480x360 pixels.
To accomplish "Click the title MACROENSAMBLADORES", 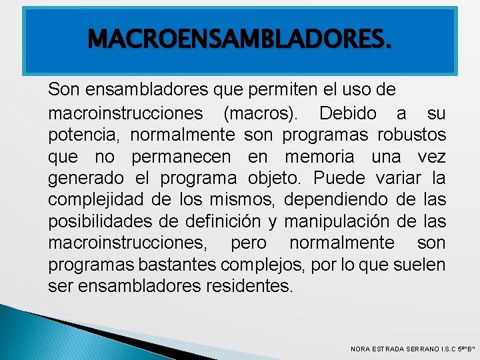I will pos(239,40).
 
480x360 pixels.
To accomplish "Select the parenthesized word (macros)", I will pos(261,113).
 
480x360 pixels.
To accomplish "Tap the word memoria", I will pos(323,158).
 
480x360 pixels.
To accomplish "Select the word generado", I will pos(86,179).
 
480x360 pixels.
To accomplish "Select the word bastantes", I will pos(177,265).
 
